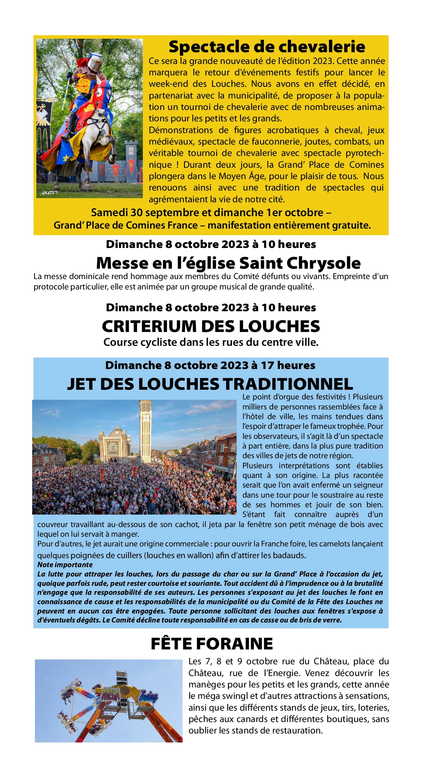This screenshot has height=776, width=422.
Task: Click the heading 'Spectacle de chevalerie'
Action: point(267,47)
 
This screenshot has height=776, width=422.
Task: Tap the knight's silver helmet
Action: point(95,63)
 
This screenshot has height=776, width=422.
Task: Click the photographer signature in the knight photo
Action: point(50,193)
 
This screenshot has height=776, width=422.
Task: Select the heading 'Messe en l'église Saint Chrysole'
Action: point(228,263)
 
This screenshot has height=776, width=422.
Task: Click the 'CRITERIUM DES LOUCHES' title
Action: point(211,326)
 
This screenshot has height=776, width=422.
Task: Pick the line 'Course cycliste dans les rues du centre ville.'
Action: point(211,342)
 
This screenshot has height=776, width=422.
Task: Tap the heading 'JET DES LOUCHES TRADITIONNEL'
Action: point(210,384)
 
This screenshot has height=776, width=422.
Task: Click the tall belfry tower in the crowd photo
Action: point(145,429)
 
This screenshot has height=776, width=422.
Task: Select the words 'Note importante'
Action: point(65,565)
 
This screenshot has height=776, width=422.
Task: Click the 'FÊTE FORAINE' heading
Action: point(212,644)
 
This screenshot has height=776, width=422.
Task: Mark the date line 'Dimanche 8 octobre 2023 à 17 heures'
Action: point(210,365)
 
